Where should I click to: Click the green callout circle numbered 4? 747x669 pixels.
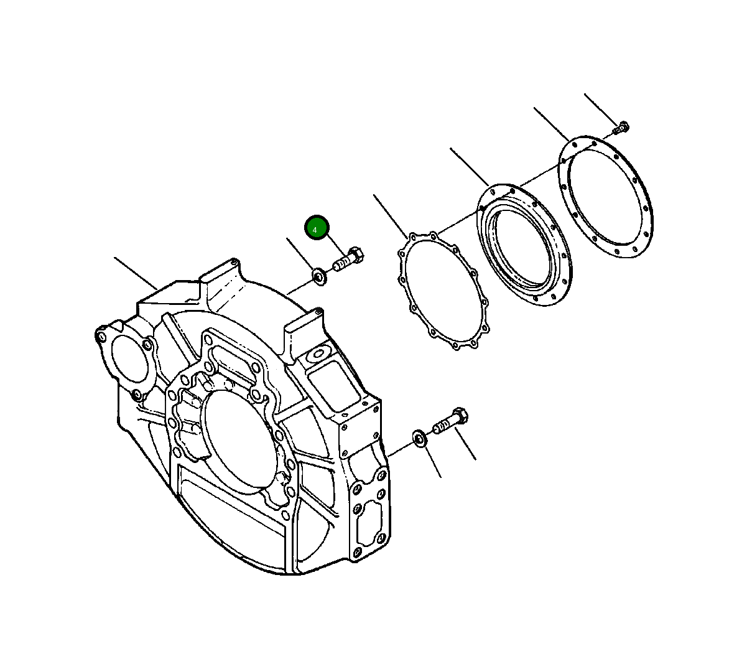point(316,228)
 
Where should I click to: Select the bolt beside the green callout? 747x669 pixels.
point(348,260)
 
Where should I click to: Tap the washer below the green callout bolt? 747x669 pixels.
point(318,276)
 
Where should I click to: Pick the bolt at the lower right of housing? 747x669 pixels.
point(450,421)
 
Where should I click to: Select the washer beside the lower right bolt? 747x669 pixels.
point(419,439)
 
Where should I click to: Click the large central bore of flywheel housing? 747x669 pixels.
point(238,441)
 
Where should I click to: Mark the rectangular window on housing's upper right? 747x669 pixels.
point(332,385)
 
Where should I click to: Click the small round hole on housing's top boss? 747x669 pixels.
point(318,355)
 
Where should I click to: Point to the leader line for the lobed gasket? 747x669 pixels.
point(391,215)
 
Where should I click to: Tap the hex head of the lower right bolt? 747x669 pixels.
point(461,415)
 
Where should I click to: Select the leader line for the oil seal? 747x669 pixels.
point(470,167)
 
